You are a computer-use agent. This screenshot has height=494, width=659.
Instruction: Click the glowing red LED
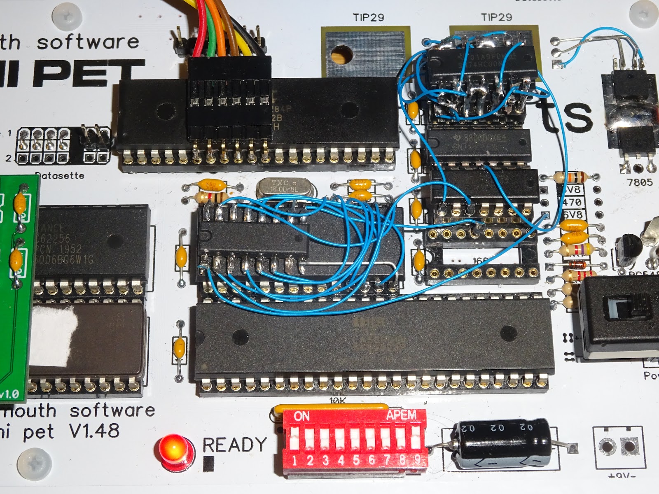[x=174, y=448]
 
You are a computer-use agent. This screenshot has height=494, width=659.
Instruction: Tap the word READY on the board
[x=234, y=445]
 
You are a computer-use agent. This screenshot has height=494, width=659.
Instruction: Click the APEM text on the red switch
[x=401, y=415]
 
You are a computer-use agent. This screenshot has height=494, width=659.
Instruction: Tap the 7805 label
[x=640, y=182]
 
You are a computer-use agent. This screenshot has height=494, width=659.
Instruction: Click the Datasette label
[x=60, y=176]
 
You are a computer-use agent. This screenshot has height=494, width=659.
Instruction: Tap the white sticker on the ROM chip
[x=54, y=331]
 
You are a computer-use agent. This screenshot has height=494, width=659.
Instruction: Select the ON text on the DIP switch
[x=301, y=416]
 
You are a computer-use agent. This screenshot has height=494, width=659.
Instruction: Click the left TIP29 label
[x=368, y=17]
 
